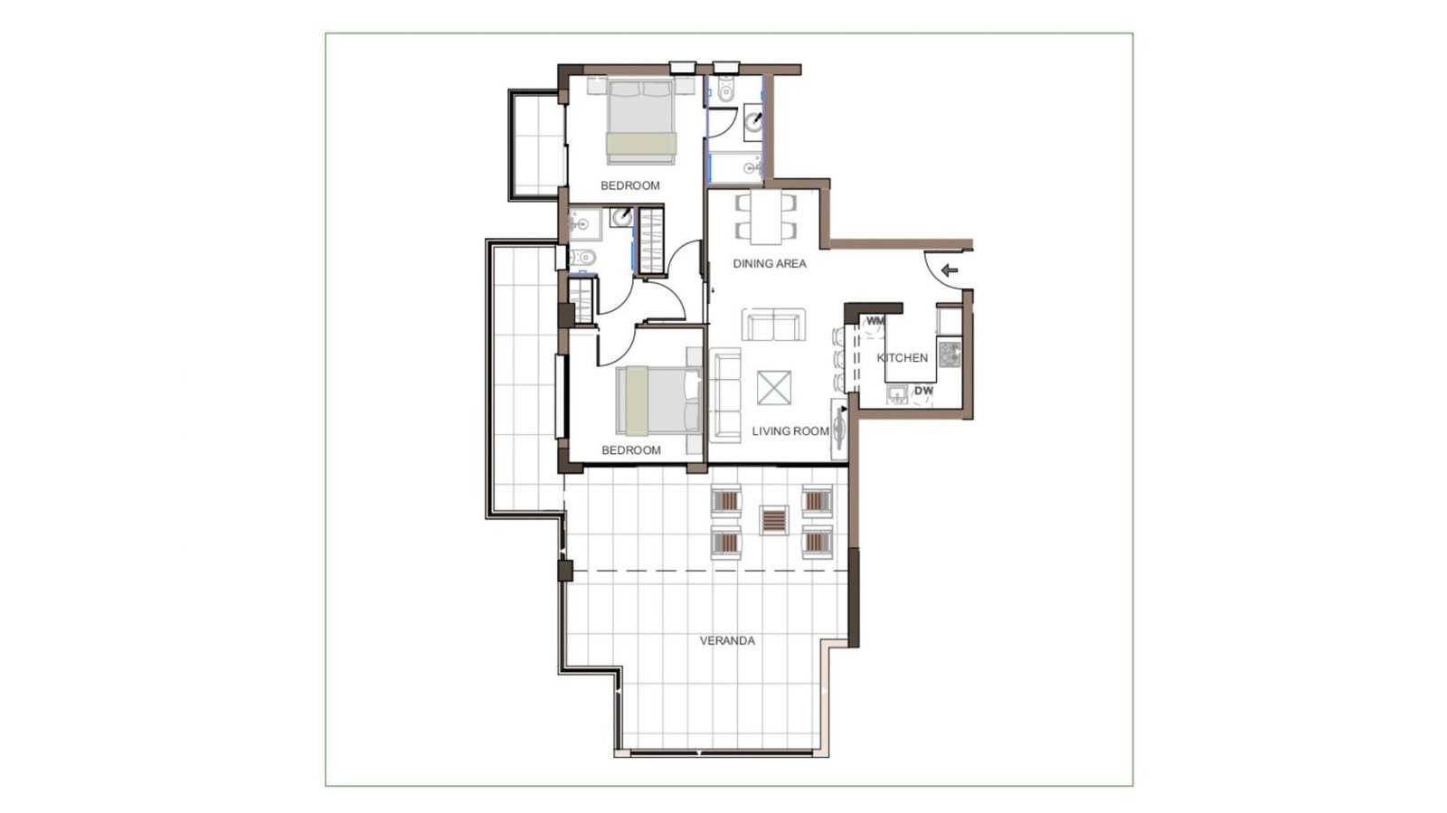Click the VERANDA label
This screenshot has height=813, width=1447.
pyautogui.click(x=727, y=640)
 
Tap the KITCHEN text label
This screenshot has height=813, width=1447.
pyautogui.click(x=903, y=358)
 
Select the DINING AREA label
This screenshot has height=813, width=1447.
pyautogui.click(x=770, y=263)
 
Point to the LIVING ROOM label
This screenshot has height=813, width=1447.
pyautogui.click(x=790, y=431)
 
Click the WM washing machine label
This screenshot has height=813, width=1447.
pyautogui.click(x=875, y=321)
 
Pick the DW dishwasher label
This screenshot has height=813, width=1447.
pyautogui.click(x=923, y=391)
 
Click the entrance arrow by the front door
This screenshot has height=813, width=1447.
pyautogui.click(x=949, y=269)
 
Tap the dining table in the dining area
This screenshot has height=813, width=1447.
pyautogui.click(x=766, y=218)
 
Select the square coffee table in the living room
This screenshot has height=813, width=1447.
pyautogui.click(x=774, y=387)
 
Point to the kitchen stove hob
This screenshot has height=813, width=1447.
pyautogui.click(x=950, y=355)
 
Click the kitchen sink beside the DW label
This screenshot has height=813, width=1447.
pyautogui.click(x=897, y=394)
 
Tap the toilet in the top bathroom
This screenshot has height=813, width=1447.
pyautogui.click(x=726, y=90)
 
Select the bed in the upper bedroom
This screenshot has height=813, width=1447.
pyautogui.click(x=641, y=121)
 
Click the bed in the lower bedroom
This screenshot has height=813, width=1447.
pyautogui.click(x=658, y=401)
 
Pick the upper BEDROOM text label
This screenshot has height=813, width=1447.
pyautogui.click(x=629, y=186)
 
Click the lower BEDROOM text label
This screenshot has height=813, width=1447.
pyautogui.click(x=631, y=450)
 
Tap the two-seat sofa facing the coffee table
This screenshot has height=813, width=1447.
pyautogui.click(x=773, y=325)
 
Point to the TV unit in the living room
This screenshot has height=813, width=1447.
pyautogui.click(x=839, y=430)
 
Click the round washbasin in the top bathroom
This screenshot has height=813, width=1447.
pyautogui.click(x=753, y=121)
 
